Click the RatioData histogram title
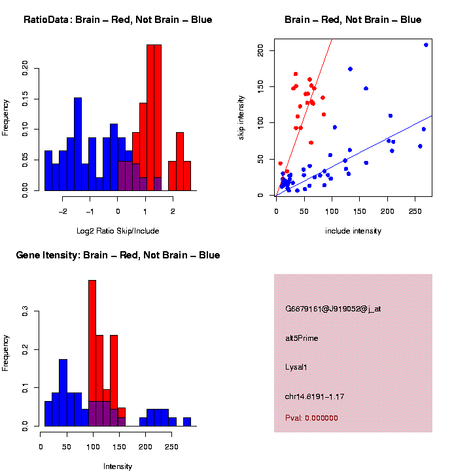pyautogui.click(x=118, y=20)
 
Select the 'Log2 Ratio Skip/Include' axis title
pyautogui.click(x=118, y=230)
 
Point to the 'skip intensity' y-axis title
pyautogui.click(x=249, y=117)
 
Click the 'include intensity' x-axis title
pyautogui.click(x=353, y=230)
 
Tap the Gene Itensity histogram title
pyautogui.click(x=118, y=255)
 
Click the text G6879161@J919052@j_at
pyautogui.click(x=333, y=309)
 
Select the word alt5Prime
pyautogui.click(x=302, y=338)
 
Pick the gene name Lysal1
pyautogui.click(x=296, y=367)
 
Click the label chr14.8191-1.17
pyautogui.click(x=315, y=396)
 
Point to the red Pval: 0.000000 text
pyautogui.click(x=311, y=418)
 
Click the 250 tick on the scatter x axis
pyautogui.click(x=414, y=212)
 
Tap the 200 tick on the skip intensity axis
pyautogui.click(x=260, y=50)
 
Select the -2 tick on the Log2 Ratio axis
pyautogui.click(x=63, y=212)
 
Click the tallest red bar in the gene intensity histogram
pyautogui.click(x=92, y=353)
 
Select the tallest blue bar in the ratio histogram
pyautogui.click(x=78, y=144)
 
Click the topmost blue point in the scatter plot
pyautogui.click(x=426, y=45)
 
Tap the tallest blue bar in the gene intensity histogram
pyautogui.click(x=63, y=392)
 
